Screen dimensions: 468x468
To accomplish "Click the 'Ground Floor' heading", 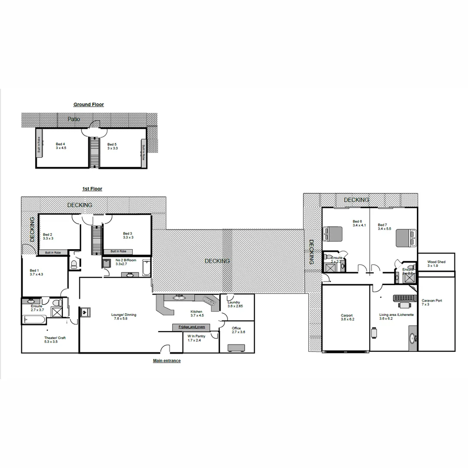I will (x=88, y=104).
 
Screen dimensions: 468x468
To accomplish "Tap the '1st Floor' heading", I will (x=92, y=189).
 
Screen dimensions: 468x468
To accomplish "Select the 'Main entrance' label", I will (x=167, y=361).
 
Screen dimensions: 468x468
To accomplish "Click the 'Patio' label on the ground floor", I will (x=74, y=119).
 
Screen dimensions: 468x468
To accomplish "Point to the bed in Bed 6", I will (x=332, y=234).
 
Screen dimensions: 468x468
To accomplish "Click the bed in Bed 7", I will (x=406, y=238).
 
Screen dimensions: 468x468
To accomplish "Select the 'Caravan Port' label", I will (x=432, y=302).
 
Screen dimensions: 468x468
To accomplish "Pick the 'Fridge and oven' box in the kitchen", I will (x=189, y=327).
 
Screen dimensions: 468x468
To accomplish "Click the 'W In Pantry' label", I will (x=196, y=338).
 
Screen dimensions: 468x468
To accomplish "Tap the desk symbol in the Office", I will (x=236, y=348).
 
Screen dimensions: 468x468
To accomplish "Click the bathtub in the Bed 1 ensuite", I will (x=33, y=320).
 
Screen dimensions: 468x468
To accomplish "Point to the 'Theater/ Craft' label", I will (x=55, y=340).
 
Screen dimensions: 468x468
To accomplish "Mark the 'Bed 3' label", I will (x=127, y=235).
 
